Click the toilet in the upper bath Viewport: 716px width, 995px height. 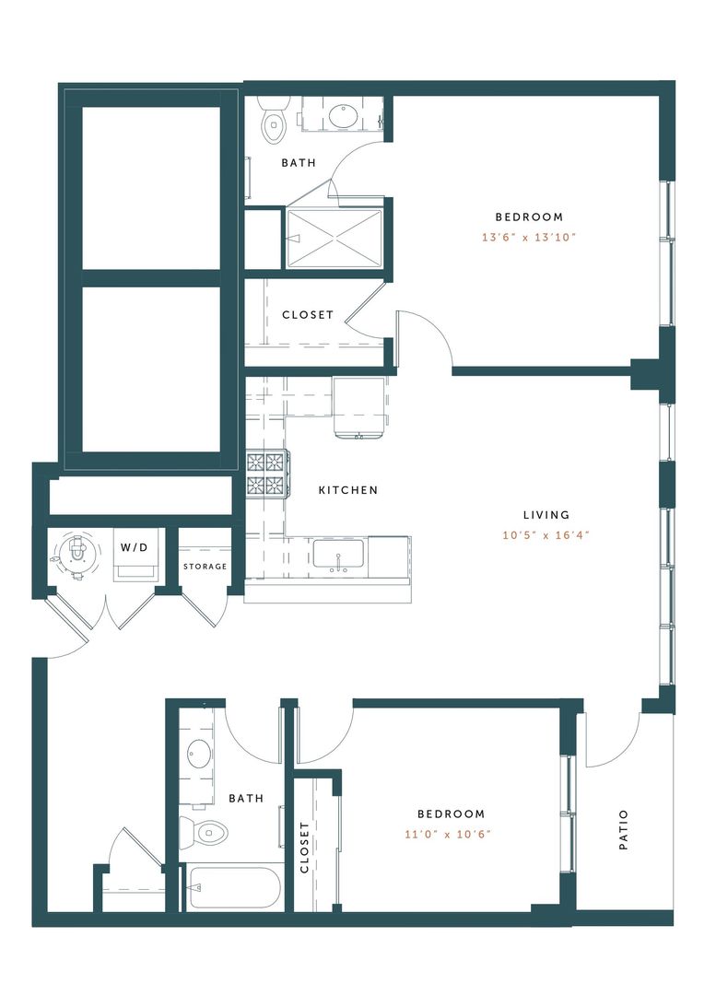pos(274,124)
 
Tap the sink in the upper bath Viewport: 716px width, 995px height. pos(342,116)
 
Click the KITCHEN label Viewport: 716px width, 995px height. pos(348,490)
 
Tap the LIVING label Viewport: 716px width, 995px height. pos(546,515)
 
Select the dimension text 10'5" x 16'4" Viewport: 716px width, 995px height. pos(546,534)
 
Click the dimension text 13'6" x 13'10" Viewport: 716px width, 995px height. pos(529,237)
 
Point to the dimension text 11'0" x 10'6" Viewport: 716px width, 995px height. pos(451,834)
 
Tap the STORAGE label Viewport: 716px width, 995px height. pos(205,566)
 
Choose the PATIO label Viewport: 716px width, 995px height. pos(624,829)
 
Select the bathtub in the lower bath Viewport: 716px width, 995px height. pos(233,888)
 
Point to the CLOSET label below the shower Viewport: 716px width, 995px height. pos(308,315)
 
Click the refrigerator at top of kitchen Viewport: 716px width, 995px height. pos(360,406)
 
